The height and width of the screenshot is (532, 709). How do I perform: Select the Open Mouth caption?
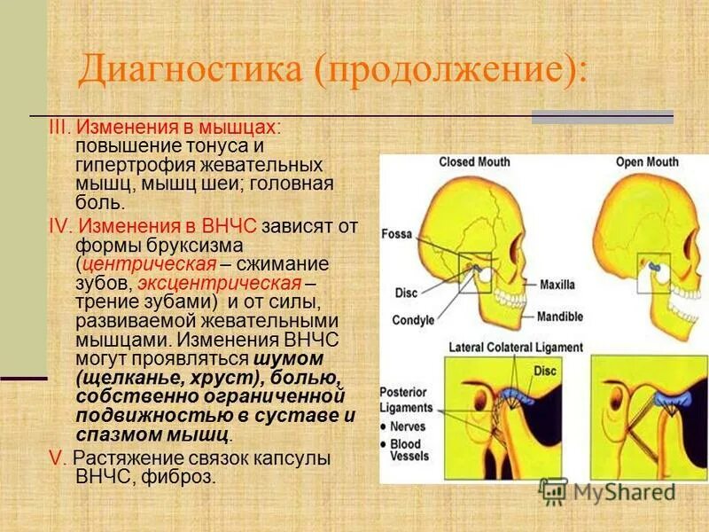(x=649, y=162)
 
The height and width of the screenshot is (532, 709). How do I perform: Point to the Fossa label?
(x=396, y=234)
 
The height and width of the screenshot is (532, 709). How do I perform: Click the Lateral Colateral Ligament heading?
(x=516, y=348)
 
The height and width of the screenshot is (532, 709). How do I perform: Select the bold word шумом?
(x=288, y=357)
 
